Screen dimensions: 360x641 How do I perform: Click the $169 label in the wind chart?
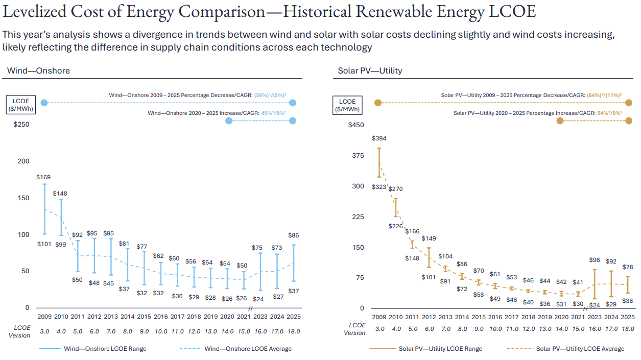tap(44, 177)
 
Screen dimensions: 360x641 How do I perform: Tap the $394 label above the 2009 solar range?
tap(379, 138)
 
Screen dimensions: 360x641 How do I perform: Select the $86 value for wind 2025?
tap(293, 235)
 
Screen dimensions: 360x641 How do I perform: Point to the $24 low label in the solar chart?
tap(594, 305)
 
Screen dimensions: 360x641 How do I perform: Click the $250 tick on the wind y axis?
tap(21, 125)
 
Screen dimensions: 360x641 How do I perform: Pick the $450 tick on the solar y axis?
tap(355, 125)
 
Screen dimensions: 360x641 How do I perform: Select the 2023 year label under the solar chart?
tap(595, 317)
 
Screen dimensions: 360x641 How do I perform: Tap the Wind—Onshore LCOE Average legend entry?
tap(248, 349)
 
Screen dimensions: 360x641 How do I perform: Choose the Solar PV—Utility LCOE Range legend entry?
tap(440, 349)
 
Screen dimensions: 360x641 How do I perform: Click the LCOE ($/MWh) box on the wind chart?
tap(21, 105)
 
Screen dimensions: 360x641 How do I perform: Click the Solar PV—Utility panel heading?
tap(370, 70)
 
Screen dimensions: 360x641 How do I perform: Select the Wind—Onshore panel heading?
tap(38, 70)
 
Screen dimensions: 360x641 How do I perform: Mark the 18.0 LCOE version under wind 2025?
tap(293, 331)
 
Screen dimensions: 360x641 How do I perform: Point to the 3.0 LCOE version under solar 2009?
tap(379, 329)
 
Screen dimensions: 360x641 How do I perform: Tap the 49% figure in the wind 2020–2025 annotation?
tap(266, 113)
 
